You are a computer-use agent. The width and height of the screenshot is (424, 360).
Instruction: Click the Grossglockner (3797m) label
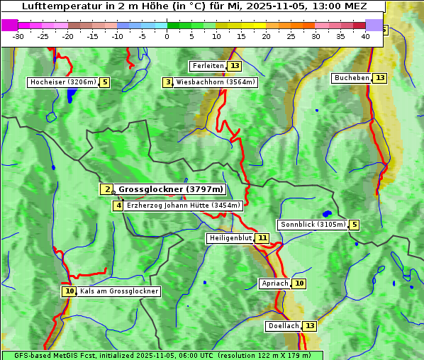click(170, 189)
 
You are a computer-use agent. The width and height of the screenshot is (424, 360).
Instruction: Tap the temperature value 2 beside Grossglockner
click(106, 189)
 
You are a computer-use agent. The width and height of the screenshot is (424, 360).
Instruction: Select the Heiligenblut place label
click(230, 238)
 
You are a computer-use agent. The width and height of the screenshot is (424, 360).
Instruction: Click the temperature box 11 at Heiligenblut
click(262, 238)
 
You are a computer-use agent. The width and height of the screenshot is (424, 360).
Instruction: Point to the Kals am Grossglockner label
click(119, 291)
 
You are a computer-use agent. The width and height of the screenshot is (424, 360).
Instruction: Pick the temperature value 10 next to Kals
click(69, 291)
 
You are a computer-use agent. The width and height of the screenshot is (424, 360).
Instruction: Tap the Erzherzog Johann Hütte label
click(184, 206)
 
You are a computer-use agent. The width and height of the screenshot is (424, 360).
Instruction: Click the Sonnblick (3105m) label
click(313, 225)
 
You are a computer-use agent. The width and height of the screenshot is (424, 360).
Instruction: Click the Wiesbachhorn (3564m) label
click(216, 82)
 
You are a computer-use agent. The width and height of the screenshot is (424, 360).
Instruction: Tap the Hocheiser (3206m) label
click(62, 82)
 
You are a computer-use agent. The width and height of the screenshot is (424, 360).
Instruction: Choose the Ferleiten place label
click(208, 66)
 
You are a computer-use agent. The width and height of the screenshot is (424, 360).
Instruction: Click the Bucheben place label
click(352, 77)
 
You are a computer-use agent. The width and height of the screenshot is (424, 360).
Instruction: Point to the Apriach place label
click(274, 283)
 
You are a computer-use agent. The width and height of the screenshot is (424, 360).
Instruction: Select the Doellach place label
click(283, 326)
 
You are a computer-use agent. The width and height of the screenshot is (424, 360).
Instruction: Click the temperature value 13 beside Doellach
click(310, 326)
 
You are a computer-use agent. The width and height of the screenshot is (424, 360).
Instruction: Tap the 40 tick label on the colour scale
click(365, 36)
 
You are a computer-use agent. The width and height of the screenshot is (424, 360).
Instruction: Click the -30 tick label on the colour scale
click(18, 36)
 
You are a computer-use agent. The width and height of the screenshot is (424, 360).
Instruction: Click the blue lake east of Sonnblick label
click(326, 213)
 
